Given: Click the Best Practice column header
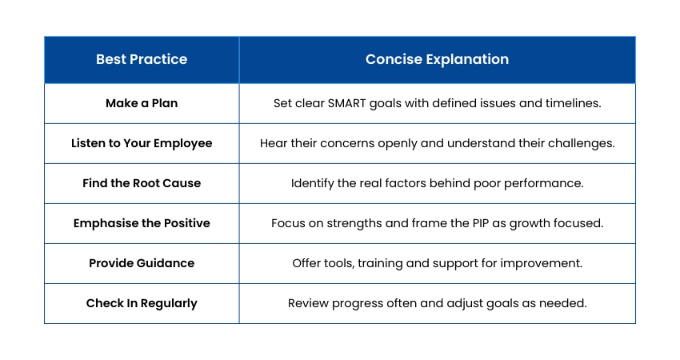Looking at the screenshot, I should coord(142,59).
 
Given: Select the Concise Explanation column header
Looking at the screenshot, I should coord(437,59).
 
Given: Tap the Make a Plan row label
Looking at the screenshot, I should coord(142,103).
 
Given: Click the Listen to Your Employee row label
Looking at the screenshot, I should coord(142,143).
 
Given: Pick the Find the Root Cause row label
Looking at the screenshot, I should coord(142,183).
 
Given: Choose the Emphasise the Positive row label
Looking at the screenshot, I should coord(142,223).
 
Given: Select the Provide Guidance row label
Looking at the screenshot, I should coord(142,263).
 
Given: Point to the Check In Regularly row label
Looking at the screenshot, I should coord(142,303).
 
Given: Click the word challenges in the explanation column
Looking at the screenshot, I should coord(583,143).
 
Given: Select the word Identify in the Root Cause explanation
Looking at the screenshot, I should coord(313,183).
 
